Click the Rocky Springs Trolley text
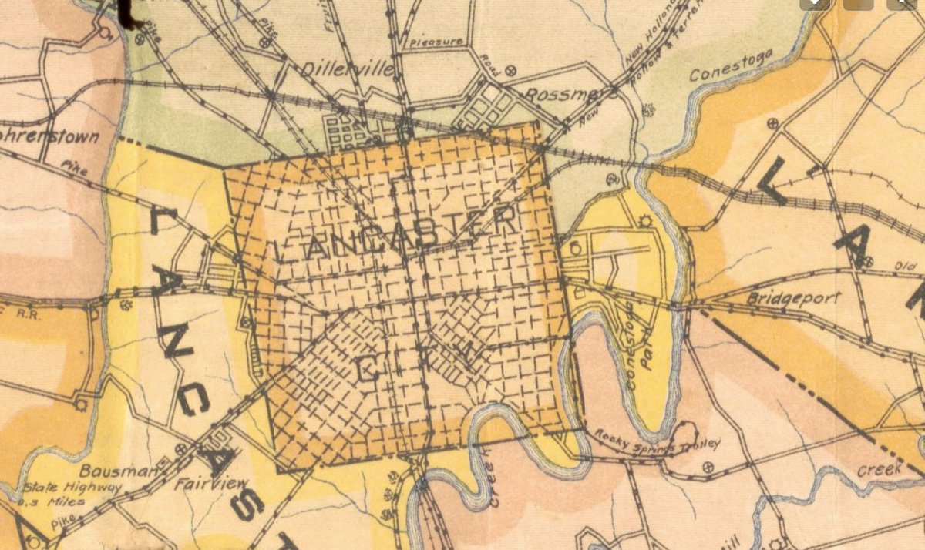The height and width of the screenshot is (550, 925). [657, 440]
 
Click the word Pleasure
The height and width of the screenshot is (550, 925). [436, 41]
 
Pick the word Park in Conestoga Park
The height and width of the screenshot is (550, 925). [647, 357]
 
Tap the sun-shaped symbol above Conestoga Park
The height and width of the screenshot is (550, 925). [646, 223]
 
